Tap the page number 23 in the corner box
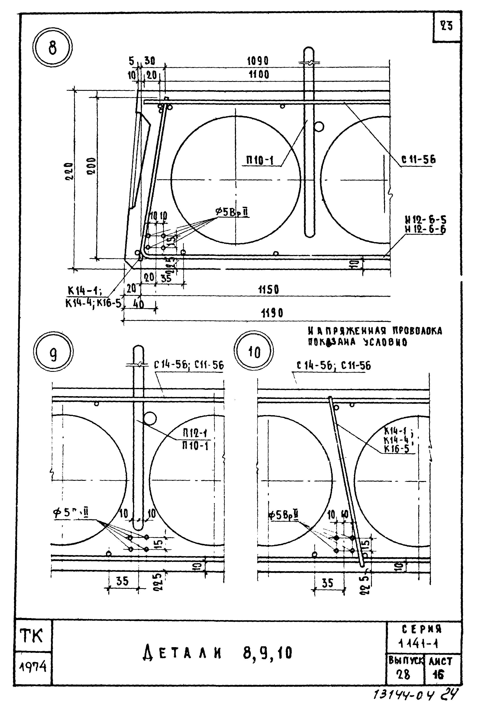447,26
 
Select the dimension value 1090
258,61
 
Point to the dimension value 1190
272,313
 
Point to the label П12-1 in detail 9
195,433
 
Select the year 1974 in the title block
33,667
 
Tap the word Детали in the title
182,653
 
